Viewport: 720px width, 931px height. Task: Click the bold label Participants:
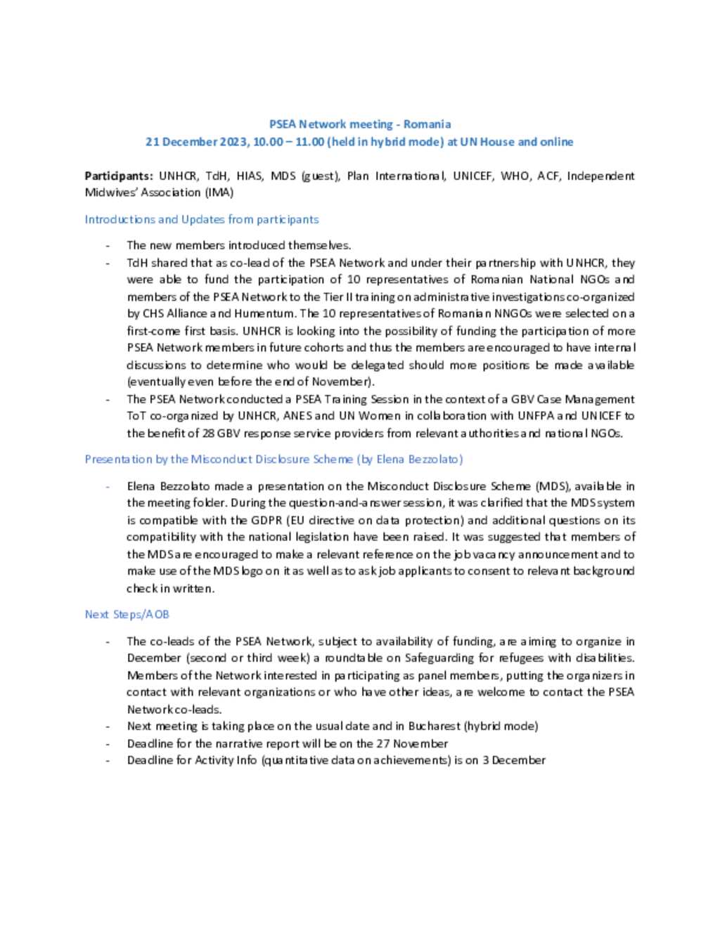[x=118, y=176]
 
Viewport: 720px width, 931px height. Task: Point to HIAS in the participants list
[x=250, y=176]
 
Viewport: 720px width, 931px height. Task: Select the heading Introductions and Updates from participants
[x=202, y=219]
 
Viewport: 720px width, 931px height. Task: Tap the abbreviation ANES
[x=297, y=416]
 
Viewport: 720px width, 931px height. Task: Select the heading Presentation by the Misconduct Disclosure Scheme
[x=274, y=460]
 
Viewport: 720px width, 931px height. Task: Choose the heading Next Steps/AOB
[x=127, y=615]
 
